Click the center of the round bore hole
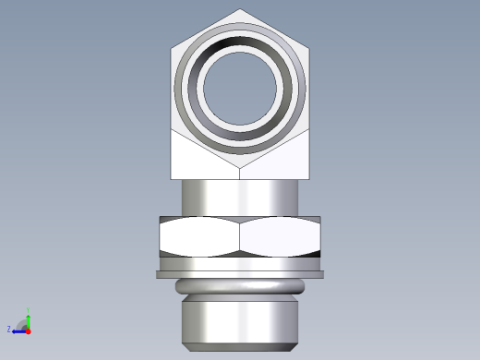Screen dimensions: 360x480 click(240, 90)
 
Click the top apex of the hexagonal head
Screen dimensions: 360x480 click(240, 10)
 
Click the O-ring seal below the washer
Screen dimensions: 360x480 click(240, 286)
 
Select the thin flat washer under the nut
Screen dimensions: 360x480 click(240, 273)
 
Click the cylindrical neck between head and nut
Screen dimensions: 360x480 click(240, 197)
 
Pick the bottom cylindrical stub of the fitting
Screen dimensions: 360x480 click(240, 318)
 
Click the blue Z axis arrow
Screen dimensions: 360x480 click(18, 330)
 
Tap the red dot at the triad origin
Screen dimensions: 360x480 click(28, 330)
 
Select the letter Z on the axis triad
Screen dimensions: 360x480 click(9, 329)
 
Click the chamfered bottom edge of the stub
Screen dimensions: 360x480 click(240, 345)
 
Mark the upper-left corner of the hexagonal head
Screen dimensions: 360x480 click(173, 47)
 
